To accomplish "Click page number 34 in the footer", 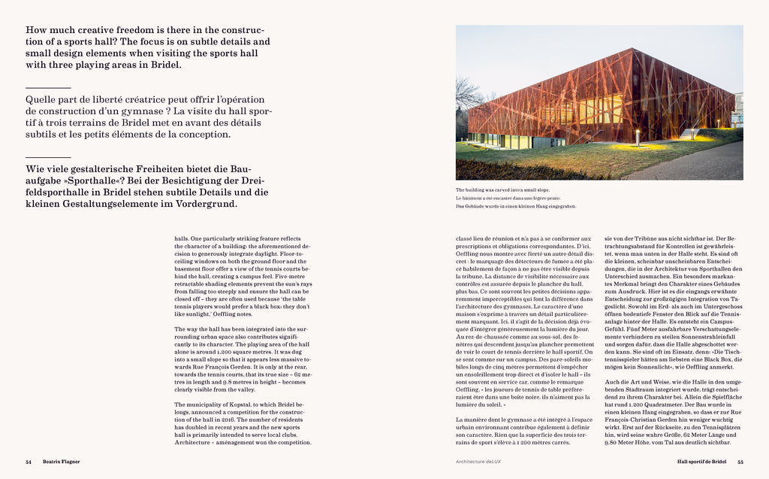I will (29, 462).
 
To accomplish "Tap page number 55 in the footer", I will (740, 462).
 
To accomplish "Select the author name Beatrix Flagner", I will (62, 462).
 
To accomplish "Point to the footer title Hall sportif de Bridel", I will (701, 462).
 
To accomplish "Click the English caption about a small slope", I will (500, 190).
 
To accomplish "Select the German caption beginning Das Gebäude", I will (516, 206).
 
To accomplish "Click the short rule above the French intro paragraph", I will (42, 89).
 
